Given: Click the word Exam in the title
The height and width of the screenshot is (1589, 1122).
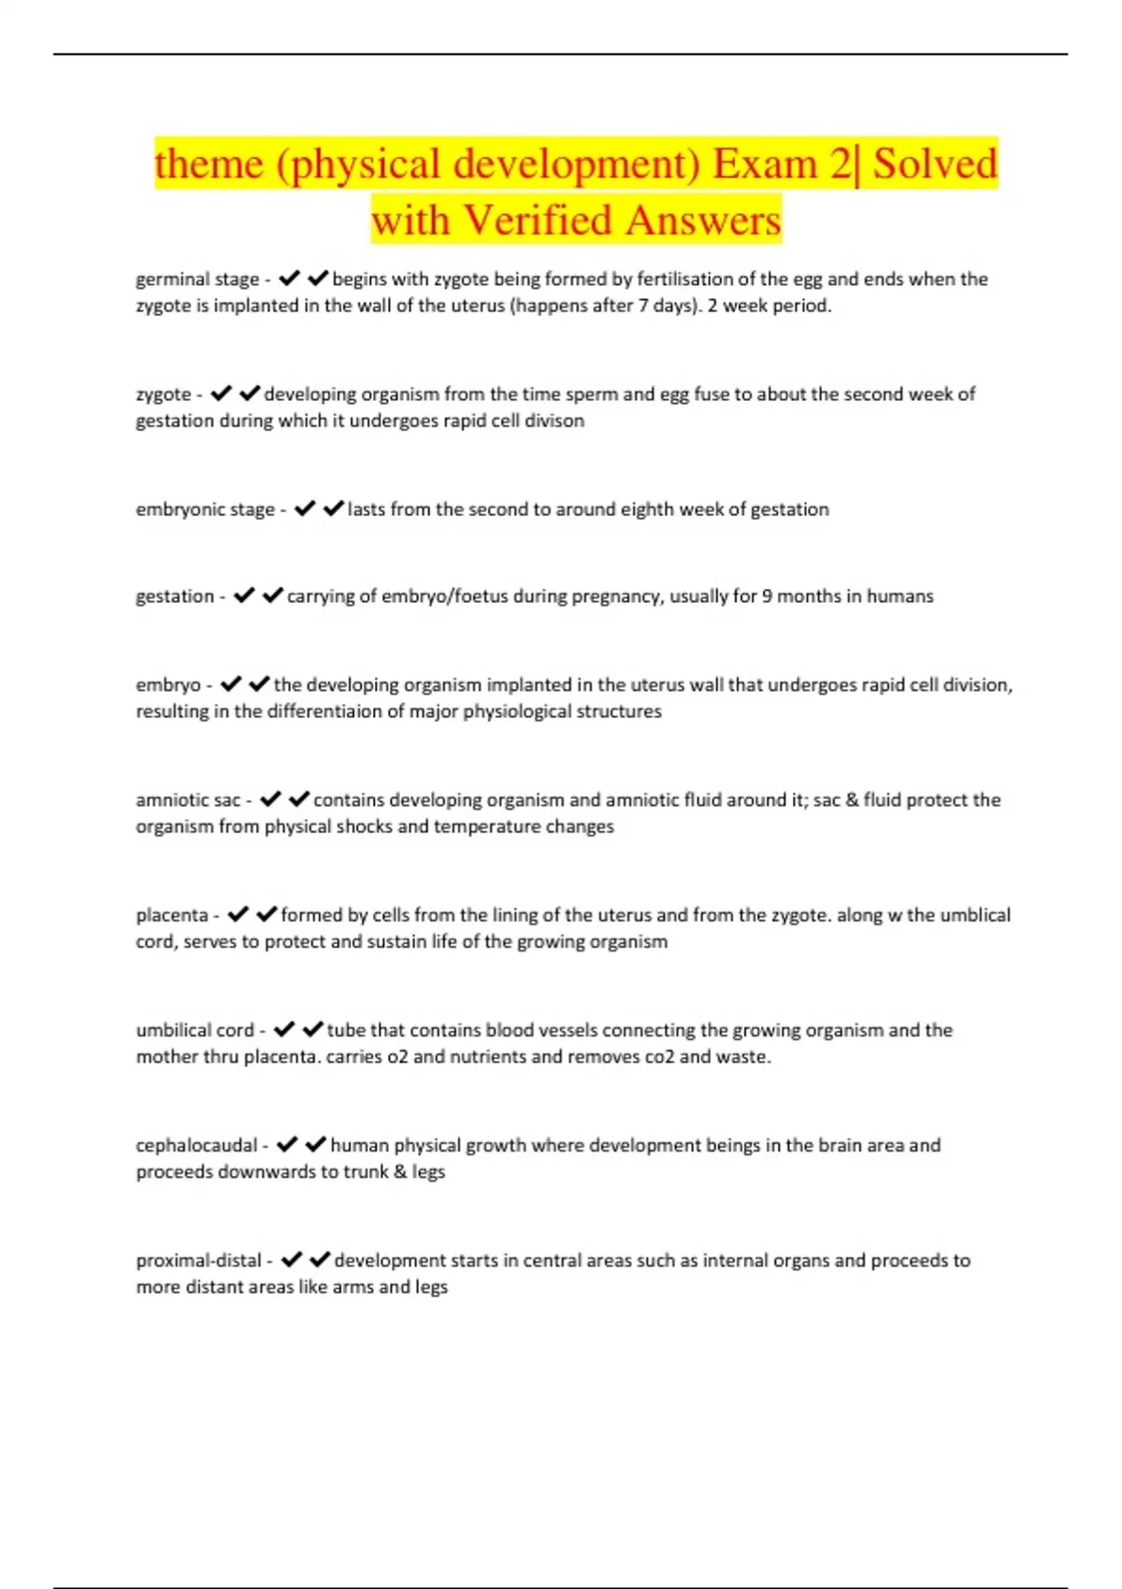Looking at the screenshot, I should click(764, 164).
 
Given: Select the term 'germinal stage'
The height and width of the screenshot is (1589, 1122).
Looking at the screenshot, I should click(197, 279).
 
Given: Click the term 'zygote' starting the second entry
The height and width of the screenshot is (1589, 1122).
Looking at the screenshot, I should click(164, 394).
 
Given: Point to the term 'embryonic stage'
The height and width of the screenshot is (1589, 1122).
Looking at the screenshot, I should click(206, 509).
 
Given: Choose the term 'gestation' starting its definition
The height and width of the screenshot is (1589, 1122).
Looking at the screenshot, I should click(175, 596).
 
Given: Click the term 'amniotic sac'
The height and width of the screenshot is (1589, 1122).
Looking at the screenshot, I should click(188, 800).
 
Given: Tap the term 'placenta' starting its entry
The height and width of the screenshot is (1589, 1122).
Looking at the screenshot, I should click(172, 915).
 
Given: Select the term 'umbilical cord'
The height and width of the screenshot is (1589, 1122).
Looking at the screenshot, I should click(195, 1030).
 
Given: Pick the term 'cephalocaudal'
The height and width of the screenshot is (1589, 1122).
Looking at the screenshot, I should click(196, 1145).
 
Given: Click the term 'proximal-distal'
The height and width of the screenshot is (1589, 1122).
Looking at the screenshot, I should click(199, 1260).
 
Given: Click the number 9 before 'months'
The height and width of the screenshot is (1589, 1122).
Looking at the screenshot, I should click(767, 596).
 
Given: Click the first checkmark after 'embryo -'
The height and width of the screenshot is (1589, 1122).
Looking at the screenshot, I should click(231, 684).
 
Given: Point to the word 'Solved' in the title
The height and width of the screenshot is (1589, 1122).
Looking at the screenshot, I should click(935, 164).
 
